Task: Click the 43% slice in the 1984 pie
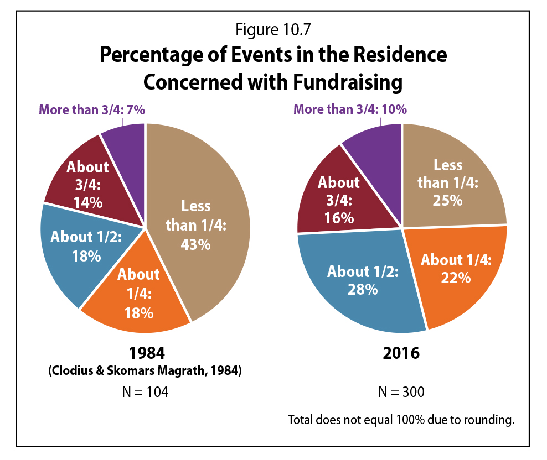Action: (205, 221)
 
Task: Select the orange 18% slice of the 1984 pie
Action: (138, 293)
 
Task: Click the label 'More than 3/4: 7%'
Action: (92, 110)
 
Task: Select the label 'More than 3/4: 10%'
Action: (350, 109)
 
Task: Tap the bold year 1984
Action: (146, 353)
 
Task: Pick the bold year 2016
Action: (402, 353)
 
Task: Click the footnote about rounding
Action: (401, 419)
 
